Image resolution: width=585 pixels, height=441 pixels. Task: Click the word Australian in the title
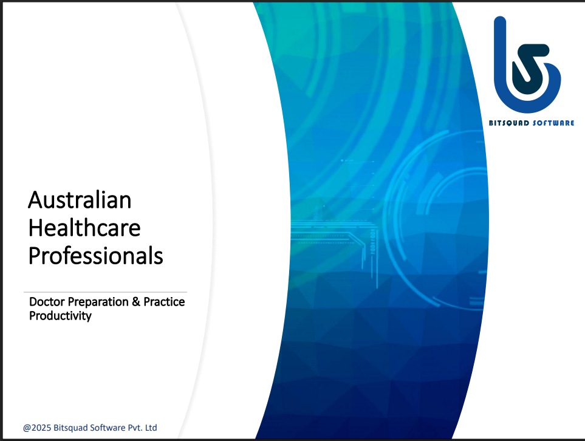(80, 200)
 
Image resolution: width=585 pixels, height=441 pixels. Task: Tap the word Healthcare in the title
(84, 228)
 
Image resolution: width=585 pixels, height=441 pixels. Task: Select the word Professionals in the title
(96, 256)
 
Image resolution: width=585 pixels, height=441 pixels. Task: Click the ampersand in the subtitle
(136, 301)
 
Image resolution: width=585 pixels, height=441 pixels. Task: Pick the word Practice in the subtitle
(164, 301)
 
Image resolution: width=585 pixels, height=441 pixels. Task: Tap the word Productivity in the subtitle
(60, 316)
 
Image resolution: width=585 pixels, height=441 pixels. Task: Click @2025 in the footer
(37, 428)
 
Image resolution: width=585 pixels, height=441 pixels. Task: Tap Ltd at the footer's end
(151, 428)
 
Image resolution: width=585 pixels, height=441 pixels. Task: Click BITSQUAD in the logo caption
(509, 123)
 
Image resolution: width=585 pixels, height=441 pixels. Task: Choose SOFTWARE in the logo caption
(553, 123)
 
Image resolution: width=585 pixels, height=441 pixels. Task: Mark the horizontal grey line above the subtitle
(105, 292)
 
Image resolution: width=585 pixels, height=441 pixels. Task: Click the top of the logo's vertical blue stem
(500, 17)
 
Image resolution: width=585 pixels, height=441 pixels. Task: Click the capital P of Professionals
(35, 256)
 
